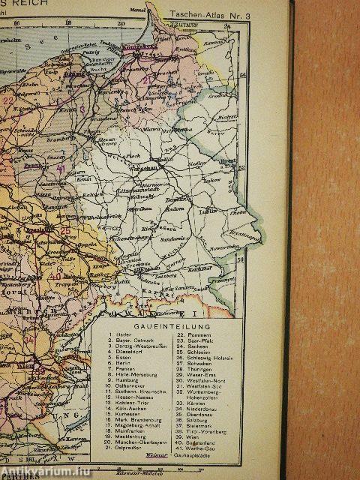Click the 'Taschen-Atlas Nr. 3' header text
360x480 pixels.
pyautogui.click(x=203, y=14)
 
